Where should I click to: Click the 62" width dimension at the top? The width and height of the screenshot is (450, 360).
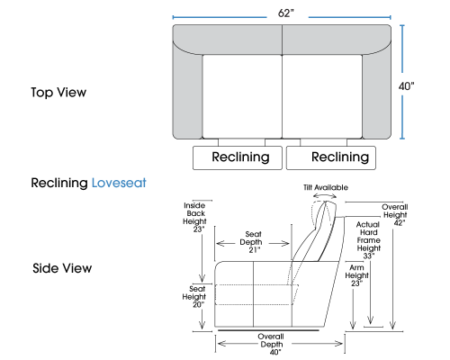point(285,13)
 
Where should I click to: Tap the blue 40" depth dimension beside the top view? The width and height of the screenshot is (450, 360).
point(406,86)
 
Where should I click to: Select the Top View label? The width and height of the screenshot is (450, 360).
point(58,93)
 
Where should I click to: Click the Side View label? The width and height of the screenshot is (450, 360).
point(62,268)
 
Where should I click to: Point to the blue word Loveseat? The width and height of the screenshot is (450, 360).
point(119,183)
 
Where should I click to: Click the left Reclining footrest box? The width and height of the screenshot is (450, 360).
point(238,157)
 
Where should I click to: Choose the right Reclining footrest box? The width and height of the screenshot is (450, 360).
point(331,157)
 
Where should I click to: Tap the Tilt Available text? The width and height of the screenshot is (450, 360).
point(326,187)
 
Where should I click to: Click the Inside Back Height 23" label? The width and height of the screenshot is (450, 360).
point(194,217)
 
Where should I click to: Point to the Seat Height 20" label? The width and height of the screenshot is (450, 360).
point(194,297)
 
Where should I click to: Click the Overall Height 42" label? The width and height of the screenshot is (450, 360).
point(395,215)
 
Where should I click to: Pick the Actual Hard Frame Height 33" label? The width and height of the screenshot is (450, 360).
point(368,240)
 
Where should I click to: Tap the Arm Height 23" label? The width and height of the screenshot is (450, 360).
point(356,275)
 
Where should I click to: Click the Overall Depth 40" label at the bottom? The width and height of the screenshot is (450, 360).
point(271,345)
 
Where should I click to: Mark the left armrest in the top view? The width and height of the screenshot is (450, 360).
point(187,96)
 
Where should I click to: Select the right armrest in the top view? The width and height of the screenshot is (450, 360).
point(377,96)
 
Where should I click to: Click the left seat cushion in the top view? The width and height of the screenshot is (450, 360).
point(242,96)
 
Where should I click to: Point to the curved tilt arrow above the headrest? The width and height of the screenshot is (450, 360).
point(325,194)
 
